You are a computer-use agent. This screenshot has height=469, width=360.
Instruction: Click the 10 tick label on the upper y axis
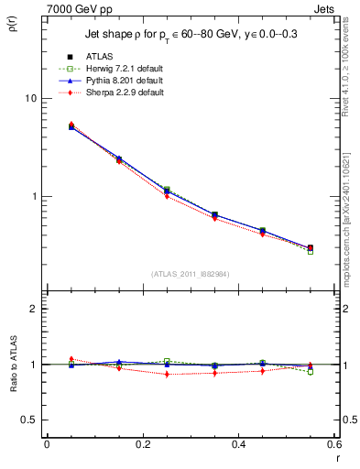tap(29, 99)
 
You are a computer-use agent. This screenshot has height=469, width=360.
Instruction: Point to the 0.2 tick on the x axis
tap(142, 444)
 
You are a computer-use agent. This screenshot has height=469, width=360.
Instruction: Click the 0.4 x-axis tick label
tap(238, 444)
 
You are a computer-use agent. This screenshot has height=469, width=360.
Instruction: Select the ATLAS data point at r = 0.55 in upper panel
tap(310, 248)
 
